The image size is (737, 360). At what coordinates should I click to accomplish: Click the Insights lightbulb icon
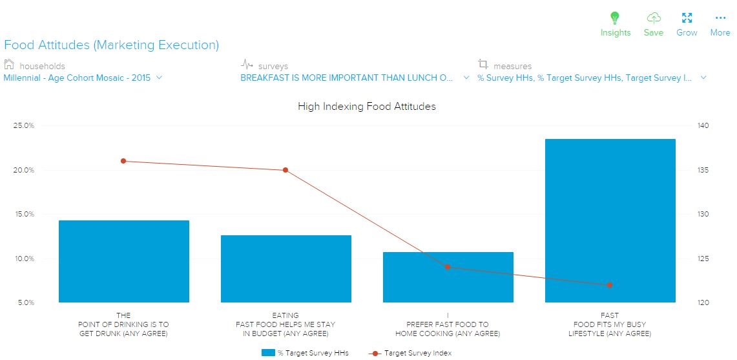pos(615,18)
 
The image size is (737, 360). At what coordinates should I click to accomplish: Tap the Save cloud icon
pos(654,18)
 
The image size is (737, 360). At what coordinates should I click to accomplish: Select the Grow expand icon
pos(687,18)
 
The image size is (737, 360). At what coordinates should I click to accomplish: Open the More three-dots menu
pos(720,18)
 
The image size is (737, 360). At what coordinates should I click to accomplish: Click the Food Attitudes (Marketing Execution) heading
pos(111,45)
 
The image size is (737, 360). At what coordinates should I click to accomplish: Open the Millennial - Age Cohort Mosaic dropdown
pos(83,78)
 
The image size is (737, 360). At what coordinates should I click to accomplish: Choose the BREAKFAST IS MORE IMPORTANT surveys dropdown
pos(355,78)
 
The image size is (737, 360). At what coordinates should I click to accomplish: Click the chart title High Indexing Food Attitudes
pos(366,107)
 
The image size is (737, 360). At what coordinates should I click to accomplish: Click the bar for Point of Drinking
pos(123,262)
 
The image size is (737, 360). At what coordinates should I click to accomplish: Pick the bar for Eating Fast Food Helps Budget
pos(285,269)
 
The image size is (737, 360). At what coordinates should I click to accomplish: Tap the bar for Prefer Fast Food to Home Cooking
pos(448,277)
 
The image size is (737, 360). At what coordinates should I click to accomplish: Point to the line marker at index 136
pos(123,161)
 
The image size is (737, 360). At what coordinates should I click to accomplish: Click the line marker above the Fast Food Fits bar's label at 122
pos(610,285)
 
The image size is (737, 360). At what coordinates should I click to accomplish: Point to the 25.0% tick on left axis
pos(24,125)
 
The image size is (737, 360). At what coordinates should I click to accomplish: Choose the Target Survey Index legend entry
pos(410,353)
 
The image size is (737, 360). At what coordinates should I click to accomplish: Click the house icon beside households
pos(9,65)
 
